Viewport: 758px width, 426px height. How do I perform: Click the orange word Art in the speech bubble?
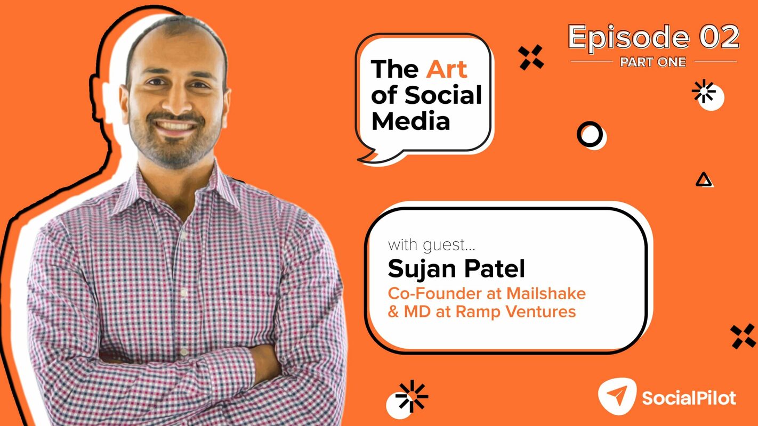447,69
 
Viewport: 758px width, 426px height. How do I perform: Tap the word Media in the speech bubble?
410,121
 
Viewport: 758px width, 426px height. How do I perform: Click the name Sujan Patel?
456,269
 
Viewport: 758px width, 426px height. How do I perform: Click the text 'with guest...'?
431,245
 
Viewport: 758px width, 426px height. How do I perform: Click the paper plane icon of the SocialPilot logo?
617,396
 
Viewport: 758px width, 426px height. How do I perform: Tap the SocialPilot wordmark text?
689,398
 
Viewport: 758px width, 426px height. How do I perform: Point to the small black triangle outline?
704,181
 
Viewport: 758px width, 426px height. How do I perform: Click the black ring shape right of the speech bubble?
590,134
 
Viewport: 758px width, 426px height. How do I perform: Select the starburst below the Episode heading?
704,91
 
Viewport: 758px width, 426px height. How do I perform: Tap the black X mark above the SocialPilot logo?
743,336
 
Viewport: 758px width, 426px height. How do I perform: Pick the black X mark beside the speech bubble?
531,57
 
